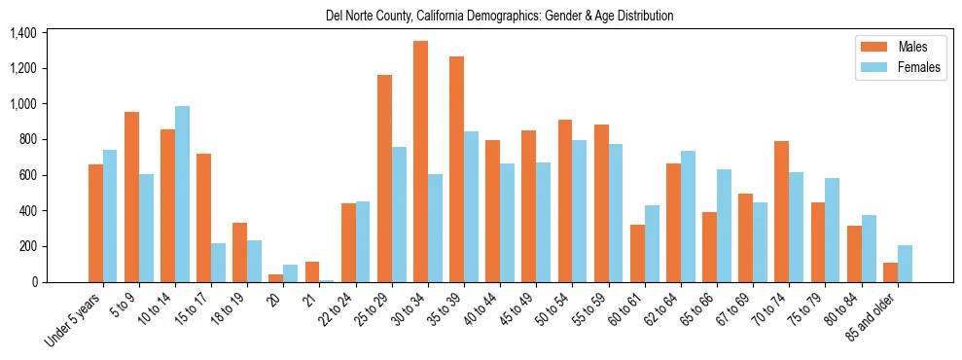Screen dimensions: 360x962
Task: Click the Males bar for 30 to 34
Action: click(x=420, y=162)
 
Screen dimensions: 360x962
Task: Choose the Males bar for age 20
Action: click(x=276, y=278)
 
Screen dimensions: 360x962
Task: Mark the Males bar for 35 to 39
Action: click(x=456, y=169)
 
